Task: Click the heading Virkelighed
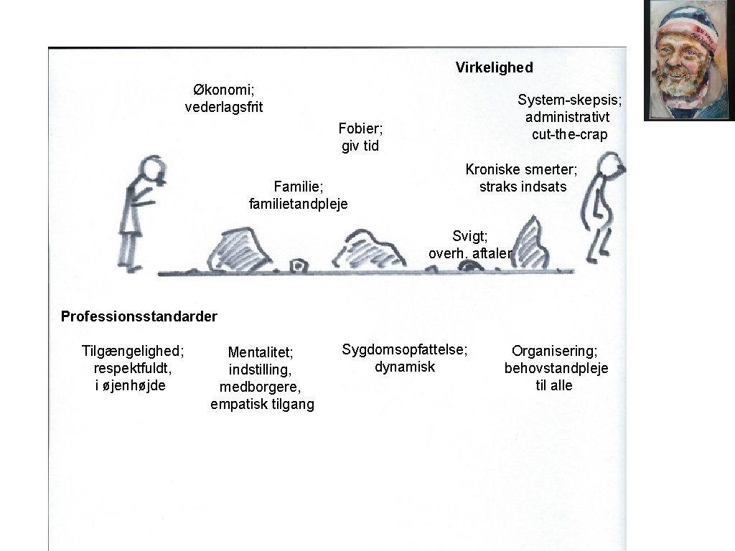pos(494,67)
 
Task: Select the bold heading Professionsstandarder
pos(139,316)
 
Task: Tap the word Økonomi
pos(223,90)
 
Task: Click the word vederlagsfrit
pos(224,108)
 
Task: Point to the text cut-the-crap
pos(569,135)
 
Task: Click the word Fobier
pos(360,129)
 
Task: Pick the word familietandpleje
pos(298,204)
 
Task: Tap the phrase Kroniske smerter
pos(521,169)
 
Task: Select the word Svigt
pos(469,236)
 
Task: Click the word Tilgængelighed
pos(132,351)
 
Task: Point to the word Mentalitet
pos(260,352)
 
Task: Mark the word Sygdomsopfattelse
pos(404,349)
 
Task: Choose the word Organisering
pos(554,351)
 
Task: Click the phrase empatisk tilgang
pos(262,405)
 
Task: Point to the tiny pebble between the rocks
pos(297,266)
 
